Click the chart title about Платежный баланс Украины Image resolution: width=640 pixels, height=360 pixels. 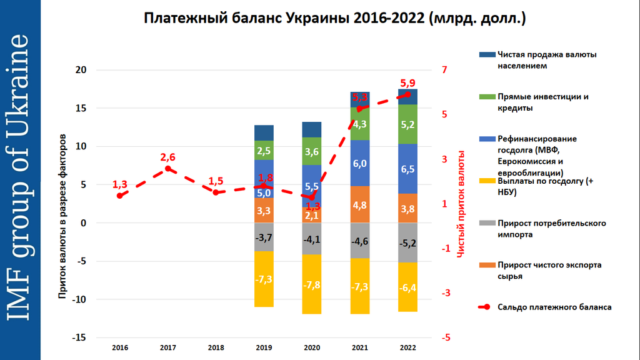pos(335,19)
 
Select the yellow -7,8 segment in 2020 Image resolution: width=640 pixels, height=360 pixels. pos(311,284)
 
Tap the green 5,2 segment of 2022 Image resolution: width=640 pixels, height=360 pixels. pos(407,124)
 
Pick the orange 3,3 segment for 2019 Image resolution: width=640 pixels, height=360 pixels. pos(264,211)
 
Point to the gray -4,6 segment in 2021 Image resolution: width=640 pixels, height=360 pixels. pos(359,241)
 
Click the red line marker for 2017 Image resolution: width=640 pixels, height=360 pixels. pos(167,169)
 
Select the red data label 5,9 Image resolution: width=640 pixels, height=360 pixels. pos(407,83)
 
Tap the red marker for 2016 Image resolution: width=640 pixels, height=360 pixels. pos(119,196)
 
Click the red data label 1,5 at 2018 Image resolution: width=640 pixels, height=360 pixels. pos(216,181)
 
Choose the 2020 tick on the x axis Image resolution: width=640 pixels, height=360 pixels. pos(311,347)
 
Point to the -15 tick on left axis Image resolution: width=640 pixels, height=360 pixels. pos(79,337)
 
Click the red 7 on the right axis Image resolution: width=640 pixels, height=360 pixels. pos(445,70)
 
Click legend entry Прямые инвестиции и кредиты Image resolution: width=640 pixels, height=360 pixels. pos(543,102)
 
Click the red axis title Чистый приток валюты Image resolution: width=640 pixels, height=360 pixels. pos(461,204)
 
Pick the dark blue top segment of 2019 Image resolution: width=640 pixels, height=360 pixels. pos(264,133)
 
